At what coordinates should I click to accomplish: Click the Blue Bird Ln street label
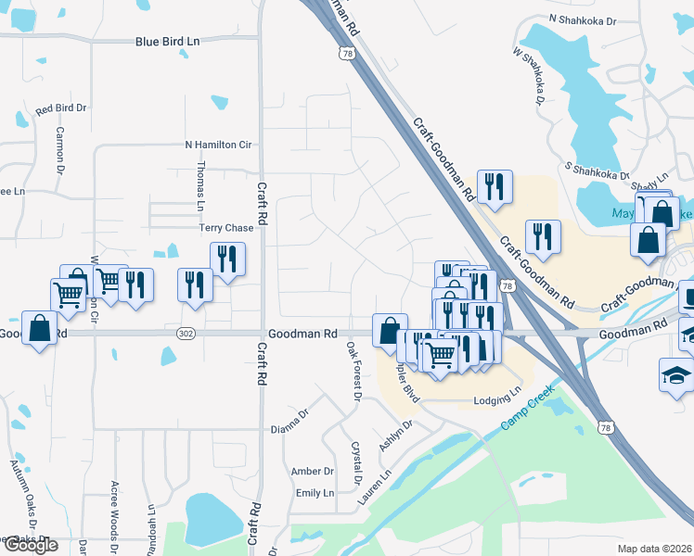(168, 42)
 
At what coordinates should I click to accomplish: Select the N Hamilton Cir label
(218, 145)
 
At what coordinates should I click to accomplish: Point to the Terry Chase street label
(225, 228)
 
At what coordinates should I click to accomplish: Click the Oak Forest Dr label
(353, 371)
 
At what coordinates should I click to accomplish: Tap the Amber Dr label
(312, 471)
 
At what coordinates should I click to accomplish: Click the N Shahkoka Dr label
(583, 18)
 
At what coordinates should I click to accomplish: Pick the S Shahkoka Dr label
(598, 169)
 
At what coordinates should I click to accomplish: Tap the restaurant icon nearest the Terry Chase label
(226, 259)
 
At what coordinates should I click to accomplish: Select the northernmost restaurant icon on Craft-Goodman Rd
(494, 186)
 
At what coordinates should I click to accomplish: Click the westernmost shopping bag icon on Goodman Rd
(41, 328)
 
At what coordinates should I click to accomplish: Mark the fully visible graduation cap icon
(675, 374)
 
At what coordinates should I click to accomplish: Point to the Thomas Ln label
(199, 182)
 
